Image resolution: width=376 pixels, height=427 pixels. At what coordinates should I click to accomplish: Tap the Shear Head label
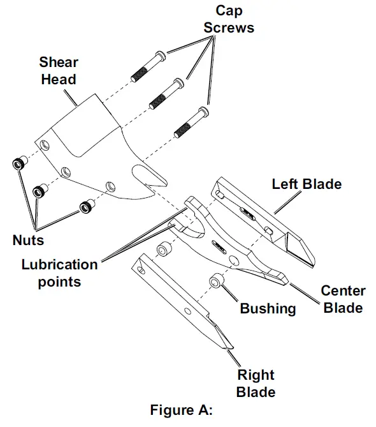click(x=58, y=71)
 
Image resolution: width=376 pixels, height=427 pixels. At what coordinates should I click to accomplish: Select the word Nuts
click(x=29, y=241)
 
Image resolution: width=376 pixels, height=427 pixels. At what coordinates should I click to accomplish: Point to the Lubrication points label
click(x=59, y=273)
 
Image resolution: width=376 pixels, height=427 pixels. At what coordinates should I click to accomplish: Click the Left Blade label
click(x=307, y=184)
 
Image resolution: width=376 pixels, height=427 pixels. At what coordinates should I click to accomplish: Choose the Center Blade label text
click(x=343, y=299)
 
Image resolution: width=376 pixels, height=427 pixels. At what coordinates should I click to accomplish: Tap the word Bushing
click(x=268, y=309)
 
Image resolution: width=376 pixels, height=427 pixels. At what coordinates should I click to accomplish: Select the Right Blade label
click(x=256, y=383)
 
